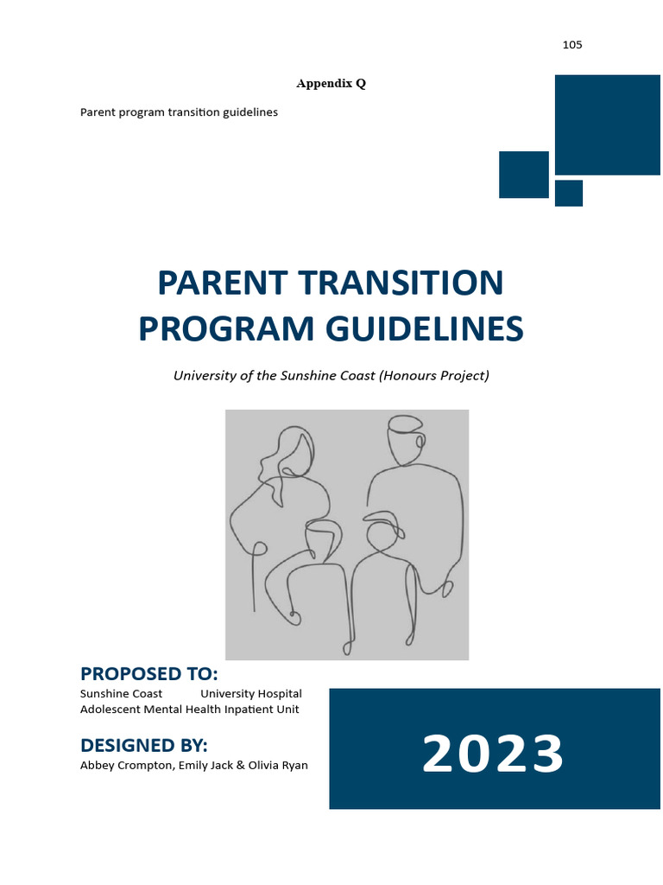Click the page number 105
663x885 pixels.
click(572, 45)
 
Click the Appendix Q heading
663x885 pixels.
click(331, 84)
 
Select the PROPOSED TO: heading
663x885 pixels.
click(148, 674)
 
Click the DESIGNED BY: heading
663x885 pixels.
click(143, 745)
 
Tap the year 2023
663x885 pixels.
click(493, 754)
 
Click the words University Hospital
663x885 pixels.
click(251, 694)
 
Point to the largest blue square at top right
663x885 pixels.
click(607, 124)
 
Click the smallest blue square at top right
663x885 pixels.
click(568, 193)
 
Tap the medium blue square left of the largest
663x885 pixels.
click(524, 175)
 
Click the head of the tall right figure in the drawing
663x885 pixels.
click(404, 441)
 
